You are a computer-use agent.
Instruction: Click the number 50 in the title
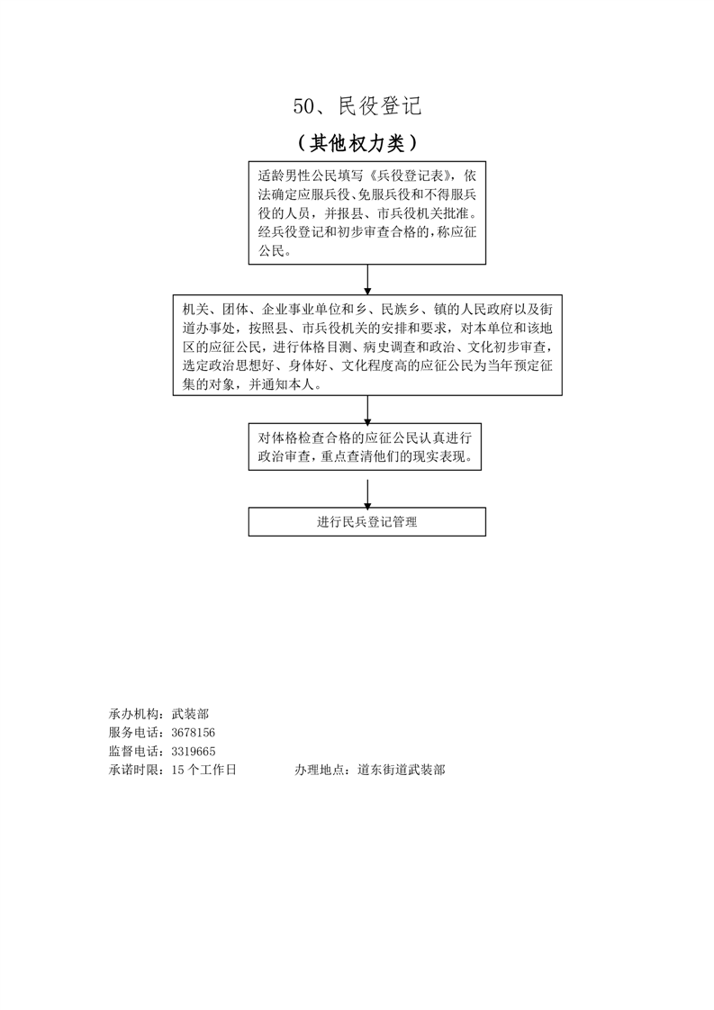303,107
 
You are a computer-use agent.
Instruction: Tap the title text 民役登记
380,107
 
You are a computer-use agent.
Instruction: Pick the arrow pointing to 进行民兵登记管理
367,493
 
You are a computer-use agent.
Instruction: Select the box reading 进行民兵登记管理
367,522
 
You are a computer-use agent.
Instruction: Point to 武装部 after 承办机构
190,714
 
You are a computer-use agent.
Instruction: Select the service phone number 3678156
193,733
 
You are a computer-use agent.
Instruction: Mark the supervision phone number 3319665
193,752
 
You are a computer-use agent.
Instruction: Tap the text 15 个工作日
203,771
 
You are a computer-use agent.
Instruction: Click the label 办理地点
321,771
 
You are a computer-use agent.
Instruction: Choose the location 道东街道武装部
402,771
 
